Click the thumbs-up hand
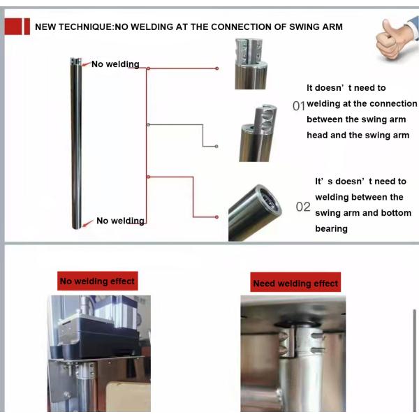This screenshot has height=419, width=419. pyautogui.click(x=395, y=38)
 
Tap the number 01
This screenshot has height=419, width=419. pyautogui.click(x=298, y=106)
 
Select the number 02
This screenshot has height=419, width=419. pyautogui.click(x=303, y=207)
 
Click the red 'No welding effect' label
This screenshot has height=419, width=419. pyautogui.click(x=98, y=281)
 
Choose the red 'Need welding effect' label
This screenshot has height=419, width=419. pyautogui.click(x=295, y=282)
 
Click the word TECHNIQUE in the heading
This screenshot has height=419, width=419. pyautogui.click(x=87, y=27)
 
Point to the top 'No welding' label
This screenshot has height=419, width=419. pyautogui.click(x=115, y=64)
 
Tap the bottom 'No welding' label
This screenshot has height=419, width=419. pyautogui.click(x=121, y=221)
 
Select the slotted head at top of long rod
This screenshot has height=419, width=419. pyautogui.click(x=75, y=61)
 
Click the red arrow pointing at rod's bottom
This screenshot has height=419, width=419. pyautogui.click(x=88, y=223)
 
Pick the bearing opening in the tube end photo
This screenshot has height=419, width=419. pyautogui.click(x=269, y=199)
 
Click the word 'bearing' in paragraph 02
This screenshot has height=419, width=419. pyautogui.click(x=331, y=229)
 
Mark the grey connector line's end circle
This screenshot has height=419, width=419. pyautogui.click(x=216, y=147)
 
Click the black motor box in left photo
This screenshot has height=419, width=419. pyautogui.click(x=99, y=338)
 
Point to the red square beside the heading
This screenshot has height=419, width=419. pyautogui.click(x=13, y=27)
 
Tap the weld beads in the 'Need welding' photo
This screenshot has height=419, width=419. pyautogui.click(x=286, y=343)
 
